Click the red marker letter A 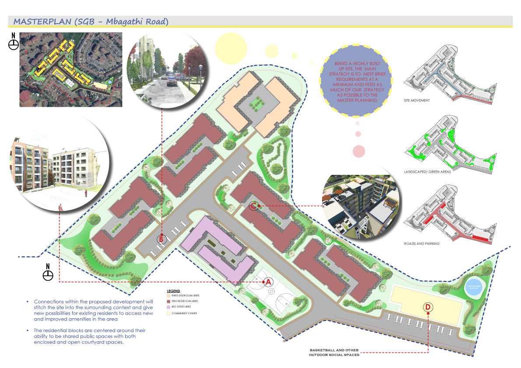(269, 282)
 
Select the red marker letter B (161, 239)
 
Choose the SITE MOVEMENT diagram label (417, 101)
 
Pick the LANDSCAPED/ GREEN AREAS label (427, 172)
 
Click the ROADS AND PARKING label (422, 243)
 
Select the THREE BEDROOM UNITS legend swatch (168, 296)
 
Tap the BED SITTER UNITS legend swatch (168, 307)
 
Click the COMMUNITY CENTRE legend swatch (168, 313)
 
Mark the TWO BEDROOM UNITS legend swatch (168, 302)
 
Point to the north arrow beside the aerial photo (14, 42)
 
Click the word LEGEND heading (173, 291)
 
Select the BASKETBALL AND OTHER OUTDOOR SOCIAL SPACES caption (334, 353)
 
